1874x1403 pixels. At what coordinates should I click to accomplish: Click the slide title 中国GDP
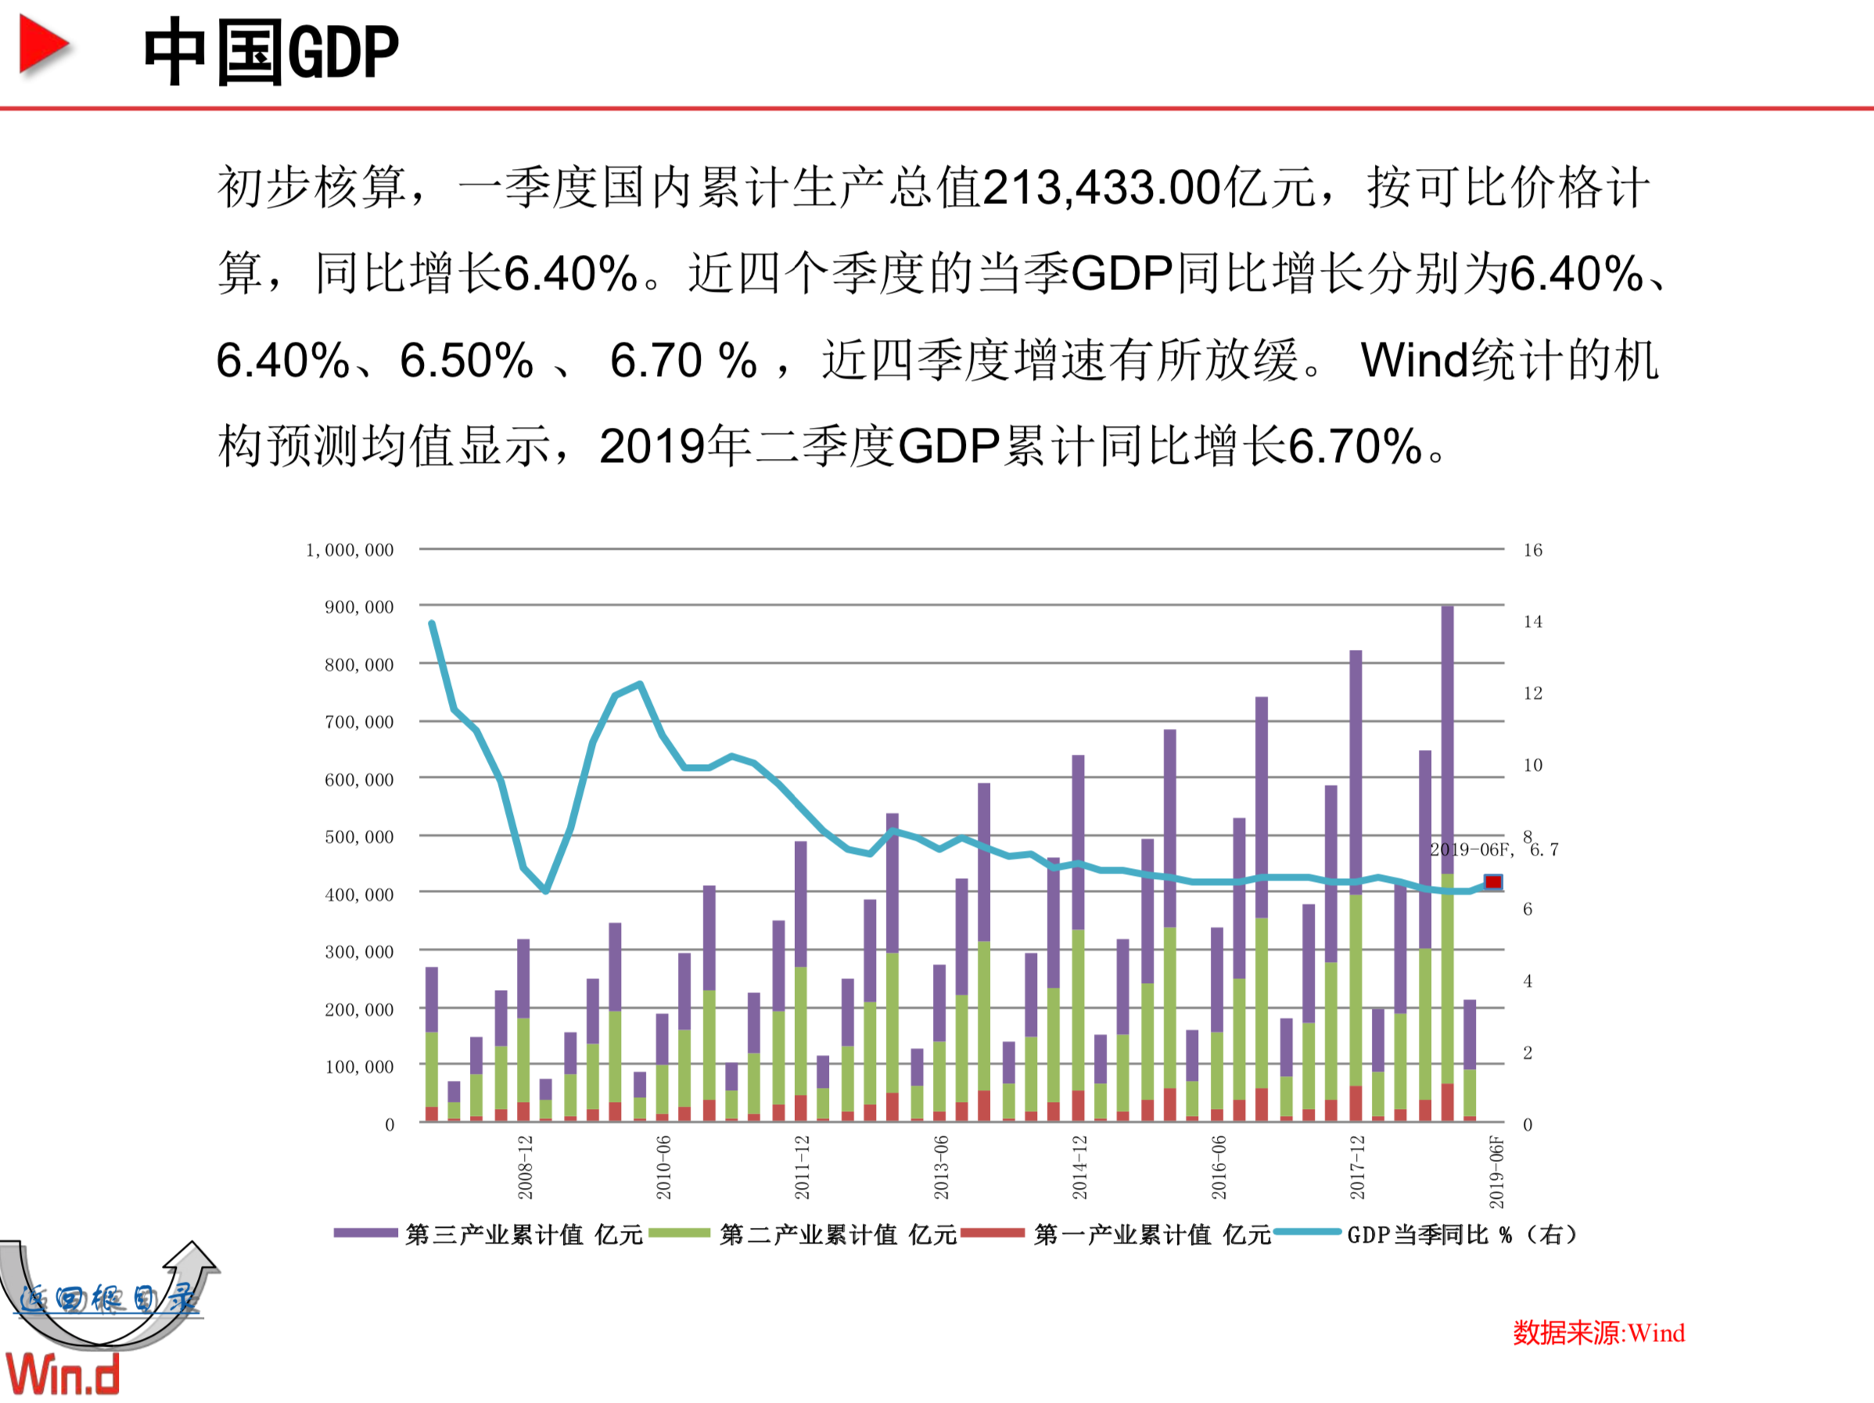(271, 52)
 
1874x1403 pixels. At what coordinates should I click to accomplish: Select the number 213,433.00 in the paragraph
(1101, 187)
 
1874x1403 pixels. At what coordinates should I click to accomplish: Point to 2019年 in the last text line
(674, 447)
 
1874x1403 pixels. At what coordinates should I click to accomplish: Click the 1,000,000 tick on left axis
(350, 550)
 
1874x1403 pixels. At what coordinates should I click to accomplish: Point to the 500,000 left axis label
(359, 837)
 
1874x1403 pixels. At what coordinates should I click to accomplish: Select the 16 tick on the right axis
(1532, 550)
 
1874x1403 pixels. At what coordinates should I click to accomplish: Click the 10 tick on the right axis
(1532, 765)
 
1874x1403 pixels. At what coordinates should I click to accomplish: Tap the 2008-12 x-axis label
(526, 1168)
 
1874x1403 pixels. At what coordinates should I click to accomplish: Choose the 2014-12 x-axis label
(1079, 1168)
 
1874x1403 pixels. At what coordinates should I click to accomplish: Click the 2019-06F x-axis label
(1496, 1172)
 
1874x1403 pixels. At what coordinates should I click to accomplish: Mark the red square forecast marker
(1493, 882)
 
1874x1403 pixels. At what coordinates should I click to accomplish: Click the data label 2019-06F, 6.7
(1493, 850)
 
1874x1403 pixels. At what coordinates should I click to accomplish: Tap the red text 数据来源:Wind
(1599, 1333)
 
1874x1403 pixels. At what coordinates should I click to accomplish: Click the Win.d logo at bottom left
(63, 1374)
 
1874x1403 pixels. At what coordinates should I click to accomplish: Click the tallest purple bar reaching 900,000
(1447, 737)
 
